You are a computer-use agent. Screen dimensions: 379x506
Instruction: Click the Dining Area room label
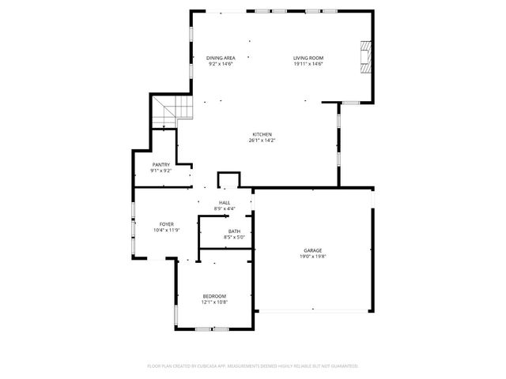[221, 58]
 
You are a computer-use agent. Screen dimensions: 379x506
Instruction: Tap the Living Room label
[308, 58]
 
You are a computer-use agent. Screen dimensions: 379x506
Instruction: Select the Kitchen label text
[262, 134]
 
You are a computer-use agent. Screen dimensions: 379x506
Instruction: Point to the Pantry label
[161, 164]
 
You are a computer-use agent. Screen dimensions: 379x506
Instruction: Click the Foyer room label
[167, 224]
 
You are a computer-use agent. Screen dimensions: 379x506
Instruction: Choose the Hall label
[225, 203]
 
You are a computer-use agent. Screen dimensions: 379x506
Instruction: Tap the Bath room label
[236, 231]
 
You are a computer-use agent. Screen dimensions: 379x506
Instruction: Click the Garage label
[312, 250]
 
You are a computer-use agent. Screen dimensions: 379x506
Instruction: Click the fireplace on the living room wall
[364, 58]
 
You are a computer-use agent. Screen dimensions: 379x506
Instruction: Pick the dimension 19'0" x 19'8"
[312, 257]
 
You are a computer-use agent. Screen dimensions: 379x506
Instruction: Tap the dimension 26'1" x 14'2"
[262, 141]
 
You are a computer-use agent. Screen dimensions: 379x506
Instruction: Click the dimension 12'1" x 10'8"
[214, 302]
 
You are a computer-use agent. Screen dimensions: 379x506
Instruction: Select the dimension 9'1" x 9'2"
[161, 171]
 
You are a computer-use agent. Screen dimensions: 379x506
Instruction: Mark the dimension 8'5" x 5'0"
[236, 237]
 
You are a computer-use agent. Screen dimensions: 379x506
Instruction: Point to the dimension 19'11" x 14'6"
[308, 64]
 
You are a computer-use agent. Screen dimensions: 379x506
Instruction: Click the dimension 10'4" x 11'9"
[167, 231]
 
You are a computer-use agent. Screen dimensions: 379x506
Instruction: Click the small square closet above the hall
[228, 180]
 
